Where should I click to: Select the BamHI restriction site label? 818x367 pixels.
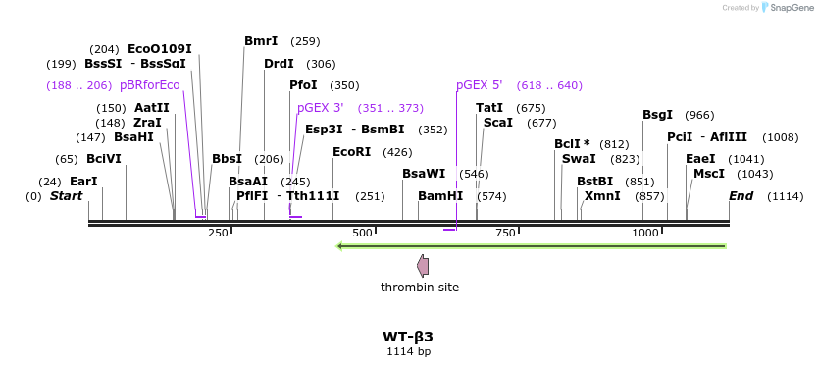click(440, 196)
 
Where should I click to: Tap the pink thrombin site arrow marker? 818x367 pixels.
click(423, 265)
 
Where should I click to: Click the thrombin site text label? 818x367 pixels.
click(420, 288)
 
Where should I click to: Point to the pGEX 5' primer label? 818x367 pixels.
click(480, 85)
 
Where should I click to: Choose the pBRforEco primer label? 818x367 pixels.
click(150, 85)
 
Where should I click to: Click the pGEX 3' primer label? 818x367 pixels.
click(321, 108)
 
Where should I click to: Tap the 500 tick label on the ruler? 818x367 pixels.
click(363, 233)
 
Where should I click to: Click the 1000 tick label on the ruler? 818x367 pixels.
click(645, 233)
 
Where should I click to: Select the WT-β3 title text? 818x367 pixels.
click(408, 337)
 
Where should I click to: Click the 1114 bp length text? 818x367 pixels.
click(408, 351)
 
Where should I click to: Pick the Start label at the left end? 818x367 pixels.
click(67, 196)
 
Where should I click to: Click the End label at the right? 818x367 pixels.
click(741, 196)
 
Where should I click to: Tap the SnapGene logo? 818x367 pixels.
click(790, 8)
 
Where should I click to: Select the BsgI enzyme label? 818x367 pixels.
click(657, 115)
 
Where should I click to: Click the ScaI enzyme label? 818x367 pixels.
click(498, 123)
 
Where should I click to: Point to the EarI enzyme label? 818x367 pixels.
click(83, 182)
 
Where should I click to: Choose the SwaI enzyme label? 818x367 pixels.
click(579, 159)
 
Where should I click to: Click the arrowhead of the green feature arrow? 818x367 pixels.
click(339, 246)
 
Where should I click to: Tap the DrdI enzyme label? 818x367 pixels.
click(279, 64)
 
